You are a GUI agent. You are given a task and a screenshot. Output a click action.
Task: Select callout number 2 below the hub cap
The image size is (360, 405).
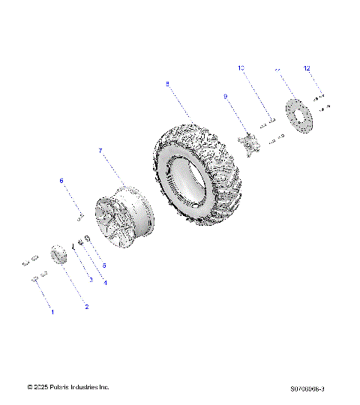coord(85,307)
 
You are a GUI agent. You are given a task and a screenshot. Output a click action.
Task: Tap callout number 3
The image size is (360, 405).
coord(91,280)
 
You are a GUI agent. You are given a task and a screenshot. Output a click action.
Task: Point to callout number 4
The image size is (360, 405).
coord(105,283)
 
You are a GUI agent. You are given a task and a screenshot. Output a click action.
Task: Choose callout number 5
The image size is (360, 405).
coord(104,265)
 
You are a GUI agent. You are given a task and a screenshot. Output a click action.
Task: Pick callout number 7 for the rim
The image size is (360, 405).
coord(100,151)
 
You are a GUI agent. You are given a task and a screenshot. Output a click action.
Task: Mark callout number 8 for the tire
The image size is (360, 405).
coord(167,85)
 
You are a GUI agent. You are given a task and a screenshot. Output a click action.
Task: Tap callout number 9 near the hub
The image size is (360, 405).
coord(224,97)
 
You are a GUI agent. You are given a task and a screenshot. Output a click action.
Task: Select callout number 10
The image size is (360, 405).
coord(241,68)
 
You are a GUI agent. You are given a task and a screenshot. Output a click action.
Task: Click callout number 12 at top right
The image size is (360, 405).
coord(306,68)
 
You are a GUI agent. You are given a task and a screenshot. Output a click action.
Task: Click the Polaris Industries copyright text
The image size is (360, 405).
coord(68,387)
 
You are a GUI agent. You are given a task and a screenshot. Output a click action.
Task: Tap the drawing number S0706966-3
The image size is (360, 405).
coord(312,388)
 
